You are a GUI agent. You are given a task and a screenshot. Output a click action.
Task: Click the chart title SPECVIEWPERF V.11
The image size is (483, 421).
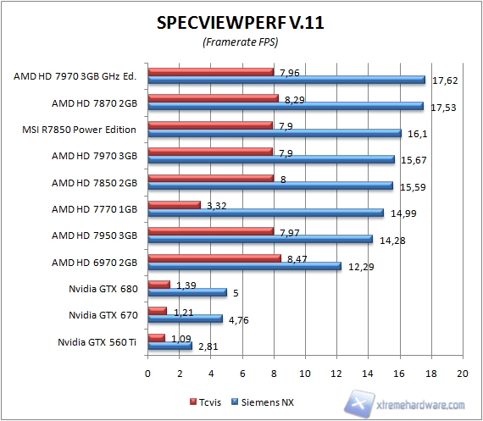tap(241, 24)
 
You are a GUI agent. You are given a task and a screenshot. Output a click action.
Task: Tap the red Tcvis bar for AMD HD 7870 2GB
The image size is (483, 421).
tap(213, 98)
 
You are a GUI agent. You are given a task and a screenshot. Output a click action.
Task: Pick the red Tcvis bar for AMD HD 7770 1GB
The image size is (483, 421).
tap(174, 204)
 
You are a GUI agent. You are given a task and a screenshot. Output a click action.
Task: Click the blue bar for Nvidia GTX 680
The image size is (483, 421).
tap(187, 293)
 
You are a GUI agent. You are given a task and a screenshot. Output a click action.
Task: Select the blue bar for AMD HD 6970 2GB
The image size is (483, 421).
tap(244, 267)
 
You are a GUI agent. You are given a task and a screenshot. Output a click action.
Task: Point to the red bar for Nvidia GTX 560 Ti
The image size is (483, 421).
tap(156, 337)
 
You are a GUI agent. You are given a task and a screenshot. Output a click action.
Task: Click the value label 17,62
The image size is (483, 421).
tap(444, 81)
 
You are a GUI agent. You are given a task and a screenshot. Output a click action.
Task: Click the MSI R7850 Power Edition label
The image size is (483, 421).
tap(81, 130)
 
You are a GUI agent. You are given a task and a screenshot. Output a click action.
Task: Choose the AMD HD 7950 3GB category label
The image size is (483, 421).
tap(95, 236)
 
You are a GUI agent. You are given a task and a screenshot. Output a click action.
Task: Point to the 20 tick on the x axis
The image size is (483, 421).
tap(462, 374)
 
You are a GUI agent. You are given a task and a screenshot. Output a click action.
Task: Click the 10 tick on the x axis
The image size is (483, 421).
tap(304, 374)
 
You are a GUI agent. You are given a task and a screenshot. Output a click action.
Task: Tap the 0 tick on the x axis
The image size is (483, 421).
tap(147, 374)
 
